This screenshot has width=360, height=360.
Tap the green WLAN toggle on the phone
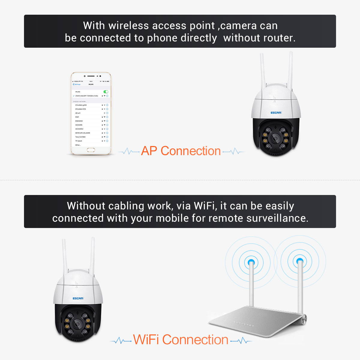[x=106, y=92]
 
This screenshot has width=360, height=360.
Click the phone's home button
[x=91, y=150]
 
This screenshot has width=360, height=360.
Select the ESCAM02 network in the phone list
[x=79, y=121]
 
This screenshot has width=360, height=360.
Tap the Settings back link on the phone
[x=77, y=84]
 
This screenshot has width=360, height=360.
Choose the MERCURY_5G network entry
[x=82, y=133]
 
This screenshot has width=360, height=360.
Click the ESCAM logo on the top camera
[x=276, y=113]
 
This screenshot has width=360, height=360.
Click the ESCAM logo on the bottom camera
[x=78, y=298]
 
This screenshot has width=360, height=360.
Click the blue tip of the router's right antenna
[x=299, y=262]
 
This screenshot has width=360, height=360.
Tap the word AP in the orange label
[x=149, y=151]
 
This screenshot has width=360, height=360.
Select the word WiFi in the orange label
[x=146, y=340]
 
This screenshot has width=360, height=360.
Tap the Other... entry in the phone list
[x=78, y=145]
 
